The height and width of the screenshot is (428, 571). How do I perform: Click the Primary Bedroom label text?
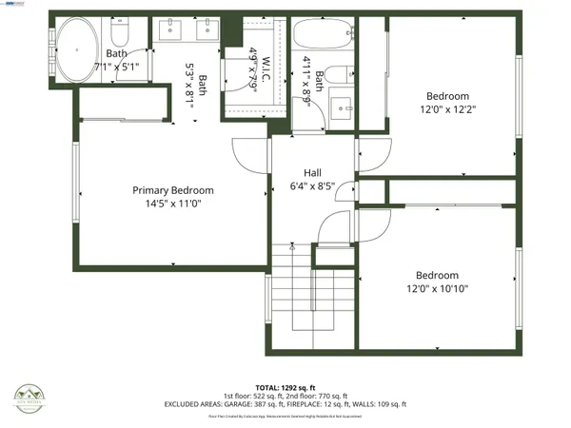coord(172,190)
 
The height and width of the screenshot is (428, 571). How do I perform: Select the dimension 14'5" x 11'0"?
coord(172,204)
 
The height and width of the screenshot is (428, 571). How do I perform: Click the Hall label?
coord(312,172)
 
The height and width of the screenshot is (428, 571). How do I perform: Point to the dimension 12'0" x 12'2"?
coord(446,109)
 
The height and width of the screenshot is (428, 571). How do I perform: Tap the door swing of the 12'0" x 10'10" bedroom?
coord(373,224)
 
